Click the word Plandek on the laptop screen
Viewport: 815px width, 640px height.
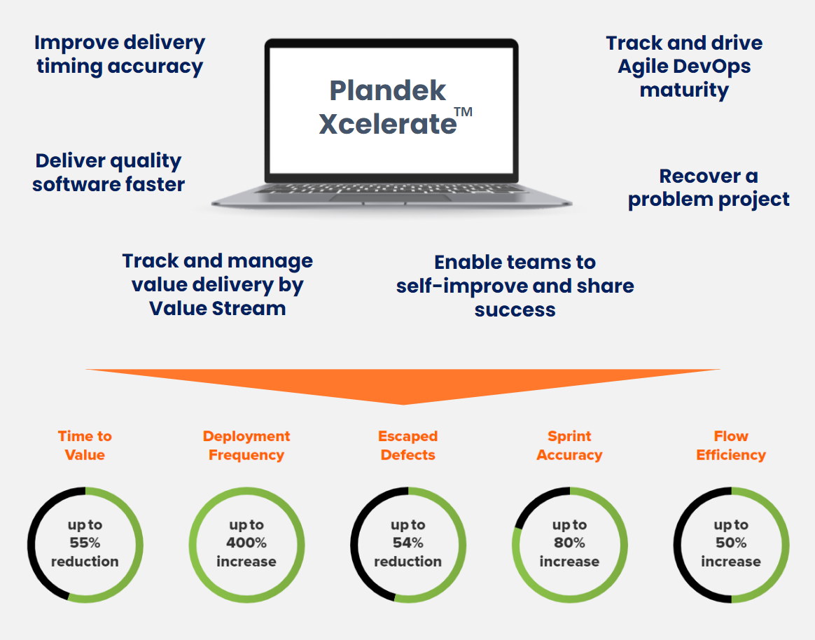pyautogui.click(x=388, y=90)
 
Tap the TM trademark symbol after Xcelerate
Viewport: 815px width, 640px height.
pyautogui.click(x=463, y=112)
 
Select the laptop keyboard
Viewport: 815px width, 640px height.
pyautogui.click(x=392, y=189)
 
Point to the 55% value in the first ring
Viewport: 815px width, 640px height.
pyautogui.click(x=85, y=543)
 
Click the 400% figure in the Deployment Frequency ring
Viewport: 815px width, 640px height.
pyautogui.click(x=246, y=543)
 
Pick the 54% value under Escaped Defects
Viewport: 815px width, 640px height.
pyautogui.click(x=408, y=543)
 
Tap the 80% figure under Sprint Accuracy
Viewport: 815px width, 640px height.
pyautogui.click(x=569, y=543)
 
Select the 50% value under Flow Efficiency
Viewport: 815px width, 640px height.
pyautogui.click(x=731, y=543)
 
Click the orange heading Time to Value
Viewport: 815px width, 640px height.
pyautogui.click(x=85, y=445)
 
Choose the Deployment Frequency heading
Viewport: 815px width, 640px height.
pyautogui.click(x=246, y=445)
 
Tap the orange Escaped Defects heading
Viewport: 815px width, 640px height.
pyautogui.click(x=408, y=445)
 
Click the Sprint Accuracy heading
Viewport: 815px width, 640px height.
pyautogui.click(x=569, y=445)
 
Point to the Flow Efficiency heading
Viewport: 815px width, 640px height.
pyautogui.click(x=731, y=445)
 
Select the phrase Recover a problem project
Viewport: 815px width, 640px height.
pyautogui.click(x=709, y=188)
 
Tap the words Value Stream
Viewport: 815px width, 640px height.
pyautogui.click(x=217, y=308)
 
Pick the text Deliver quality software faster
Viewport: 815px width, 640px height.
pyautogui.click(x=109, y=173)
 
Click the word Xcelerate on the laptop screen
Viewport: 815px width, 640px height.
pyautogui.click(x=387, y=124)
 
